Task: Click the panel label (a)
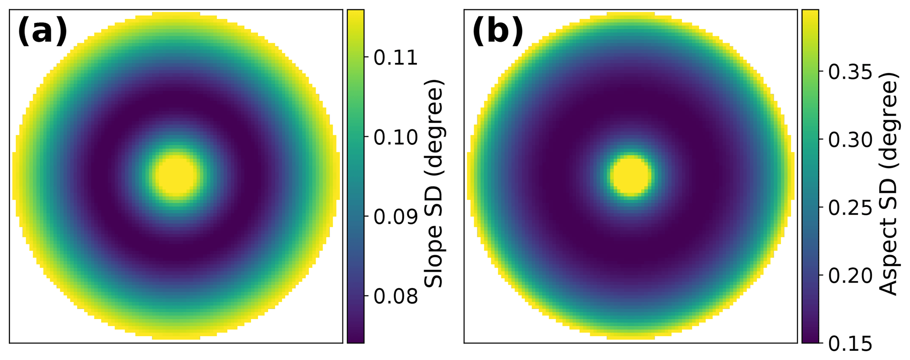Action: pos(43,33)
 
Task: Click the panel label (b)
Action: pos(498,33)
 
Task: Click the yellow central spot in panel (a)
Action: pos(176,175)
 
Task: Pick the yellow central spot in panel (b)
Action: pos(631,175)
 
